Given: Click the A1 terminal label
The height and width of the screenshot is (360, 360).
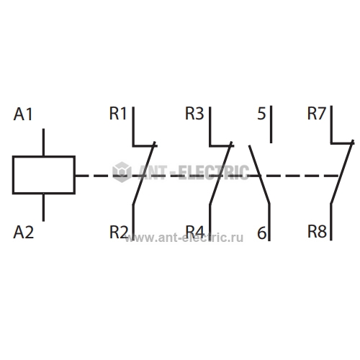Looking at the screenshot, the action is [23, 114].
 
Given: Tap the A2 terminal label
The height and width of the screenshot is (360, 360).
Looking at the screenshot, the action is [24, 233].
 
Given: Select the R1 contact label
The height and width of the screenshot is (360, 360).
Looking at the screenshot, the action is [118, 113].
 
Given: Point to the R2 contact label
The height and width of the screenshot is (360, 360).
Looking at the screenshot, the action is [119, 232].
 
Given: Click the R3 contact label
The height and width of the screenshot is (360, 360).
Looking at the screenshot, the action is [194, 113].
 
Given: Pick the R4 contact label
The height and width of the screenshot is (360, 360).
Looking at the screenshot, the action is [195, 232].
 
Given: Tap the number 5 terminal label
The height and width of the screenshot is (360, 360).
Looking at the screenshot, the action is [261, 114].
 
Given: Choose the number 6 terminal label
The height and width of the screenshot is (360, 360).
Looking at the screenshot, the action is [261, 233].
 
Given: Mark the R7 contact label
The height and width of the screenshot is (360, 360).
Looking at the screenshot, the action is [317, 113].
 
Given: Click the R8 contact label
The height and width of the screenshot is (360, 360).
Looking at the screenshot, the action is [317, 232].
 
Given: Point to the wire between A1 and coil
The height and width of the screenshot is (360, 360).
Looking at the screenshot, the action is [43, 142].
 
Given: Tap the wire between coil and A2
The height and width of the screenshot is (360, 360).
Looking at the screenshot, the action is [43, 207].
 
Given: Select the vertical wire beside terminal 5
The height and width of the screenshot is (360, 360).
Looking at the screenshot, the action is [271, 125].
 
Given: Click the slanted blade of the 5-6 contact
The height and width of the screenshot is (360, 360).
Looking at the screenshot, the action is [259, 175].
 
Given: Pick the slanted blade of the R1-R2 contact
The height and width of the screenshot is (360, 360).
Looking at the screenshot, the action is [144, 174].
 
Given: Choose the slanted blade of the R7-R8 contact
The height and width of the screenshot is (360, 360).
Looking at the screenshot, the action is [342, 172].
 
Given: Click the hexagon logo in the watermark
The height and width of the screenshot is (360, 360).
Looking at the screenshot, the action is [122, 172].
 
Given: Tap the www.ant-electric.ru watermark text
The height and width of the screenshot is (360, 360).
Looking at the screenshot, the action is [184, 238].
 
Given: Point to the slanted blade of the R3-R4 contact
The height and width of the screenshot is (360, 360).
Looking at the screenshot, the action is [221, 174].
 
